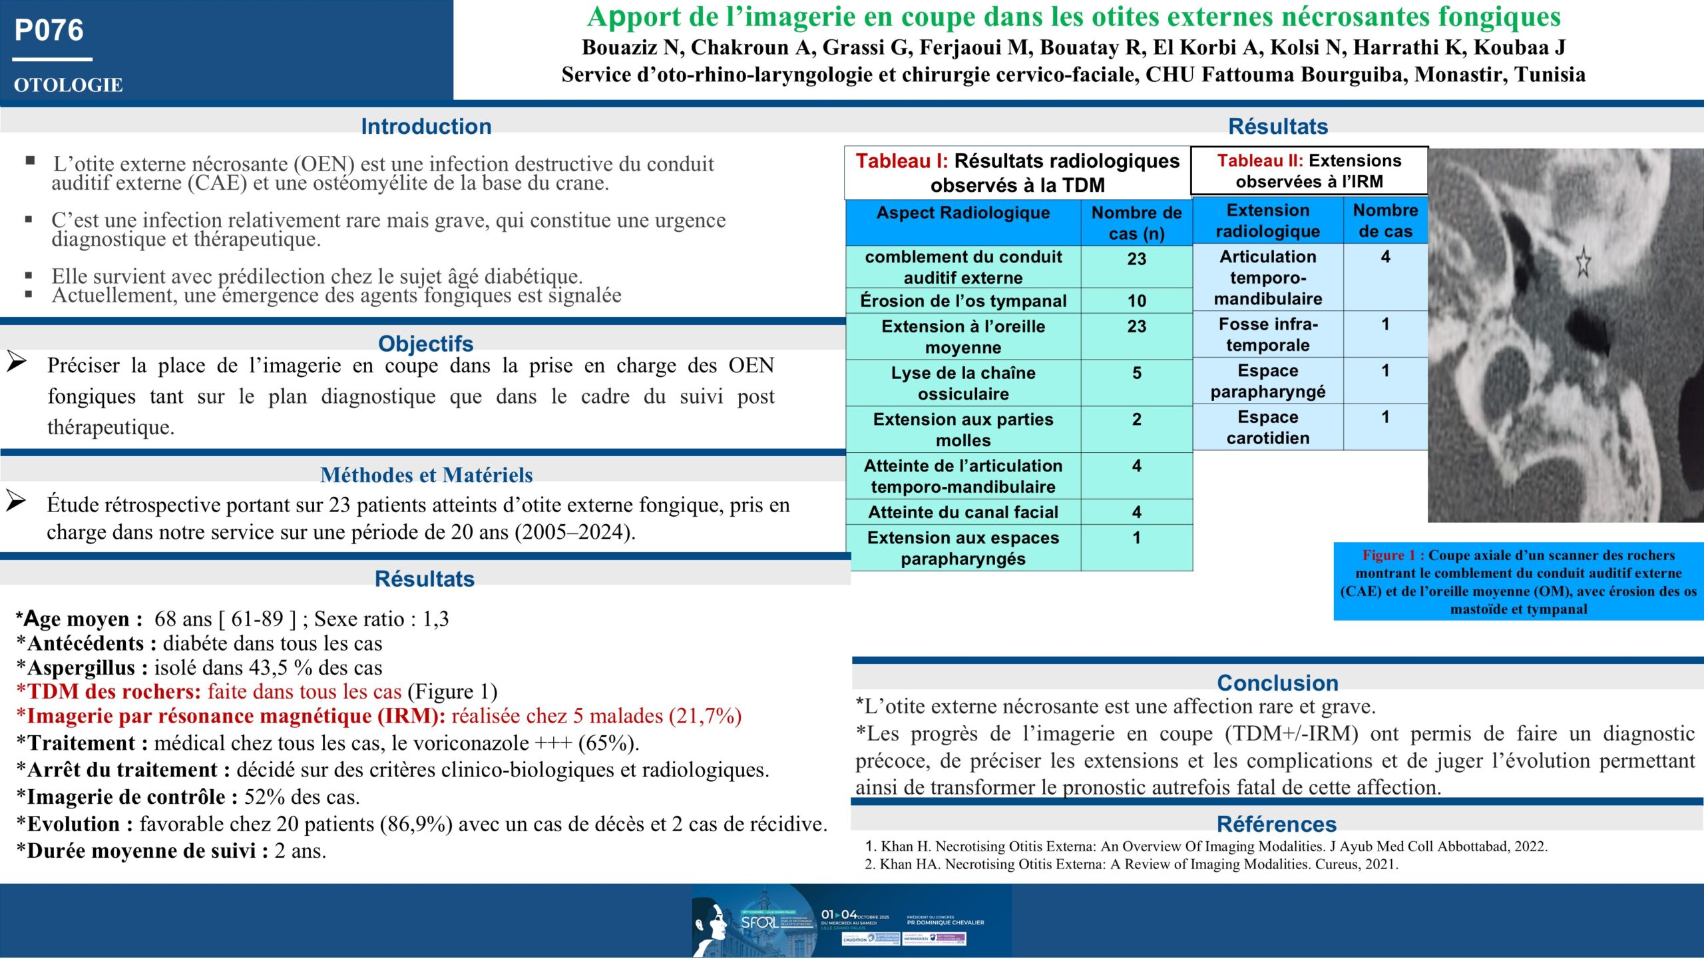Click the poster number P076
[49, 31]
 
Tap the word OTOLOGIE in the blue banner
[68, 85]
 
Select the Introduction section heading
[426, 126]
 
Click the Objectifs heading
[426, 343]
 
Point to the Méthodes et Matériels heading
[426, 475]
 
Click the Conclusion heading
[1277, 683]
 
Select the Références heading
[1276, 824]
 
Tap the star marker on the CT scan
[1583, 262]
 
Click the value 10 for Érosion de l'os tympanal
[1136, 301]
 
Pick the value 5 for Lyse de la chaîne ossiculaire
[1136, 373]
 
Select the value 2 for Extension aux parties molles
[1136, 420]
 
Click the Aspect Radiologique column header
[962, 213]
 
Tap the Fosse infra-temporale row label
[1267, 334]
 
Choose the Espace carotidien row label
[1267, 428]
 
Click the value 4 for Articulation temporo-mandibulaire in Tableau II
[1385, 257]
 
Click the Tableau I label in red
[901, 161]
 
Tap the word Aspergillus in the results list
[81, 667]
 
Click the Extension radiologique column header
[1267, 220]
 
